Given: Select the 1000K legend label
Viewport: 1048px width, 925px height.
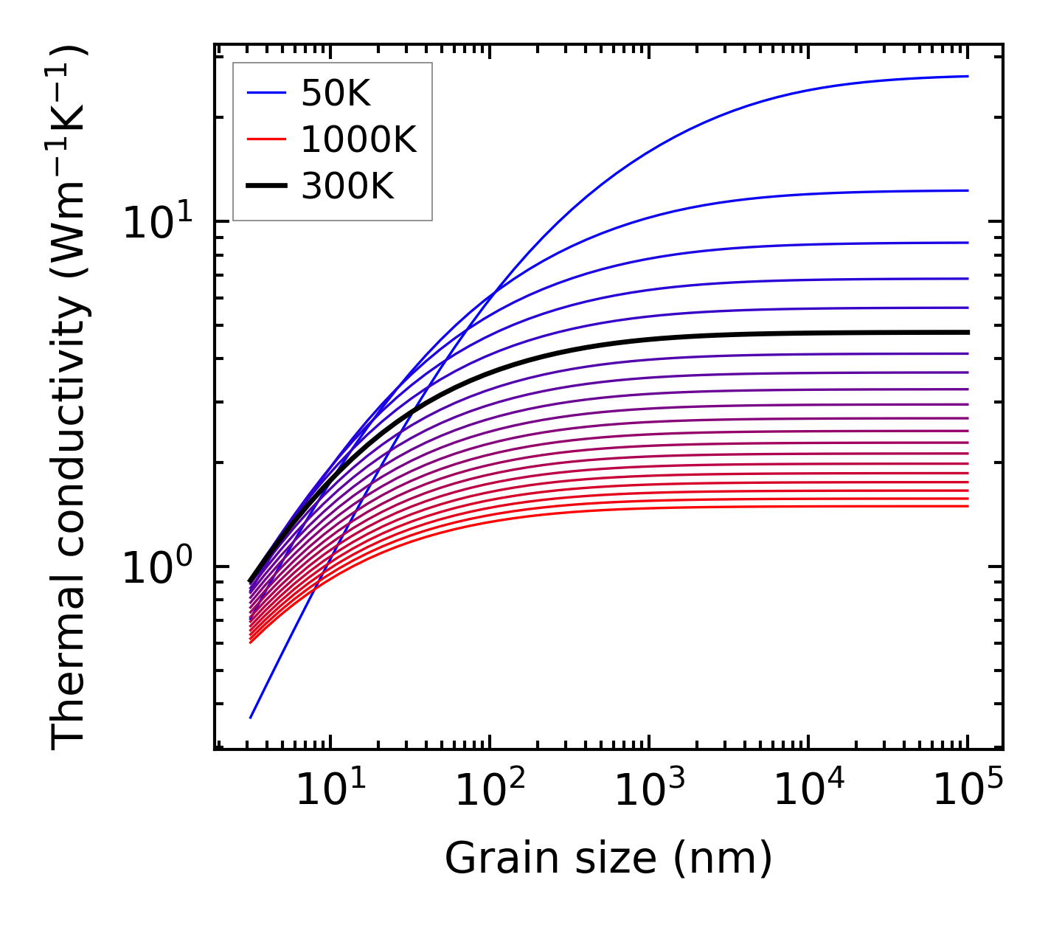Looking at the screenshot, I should (x=358, y=139).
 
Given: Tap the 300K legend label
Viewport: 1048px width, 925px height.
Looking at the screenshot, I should (x=347, y=186).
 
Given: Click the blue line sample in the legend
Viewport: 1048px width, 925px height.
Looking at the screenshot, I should (x=266, y=93).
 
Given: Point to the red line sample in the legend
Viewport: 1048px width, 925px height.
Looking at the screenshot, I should (x=266, y=139).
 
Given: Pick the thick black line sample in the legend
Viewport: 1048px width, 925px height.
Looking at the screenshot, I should (x=266, y=186).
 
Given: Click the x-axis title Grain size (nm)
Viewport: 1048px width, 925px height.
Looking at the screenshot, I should (x=608, y=859).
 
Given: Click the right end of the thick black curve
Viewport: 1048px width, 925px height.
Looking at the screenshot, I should (x=967, y=333).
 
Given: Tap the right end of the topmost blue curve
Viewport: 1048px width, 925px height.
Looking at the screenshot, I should (x=967, y=76).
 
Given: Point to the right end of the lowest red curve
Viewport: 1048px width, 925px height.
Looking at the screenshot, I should (x=967, y=506).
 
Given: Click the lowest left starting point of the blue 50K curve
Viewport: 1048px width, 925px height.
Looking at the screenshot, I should (x=251, y=717).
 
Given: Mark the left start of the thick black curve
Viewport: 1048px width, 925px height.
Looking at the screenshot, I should (x=251, y=581).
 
